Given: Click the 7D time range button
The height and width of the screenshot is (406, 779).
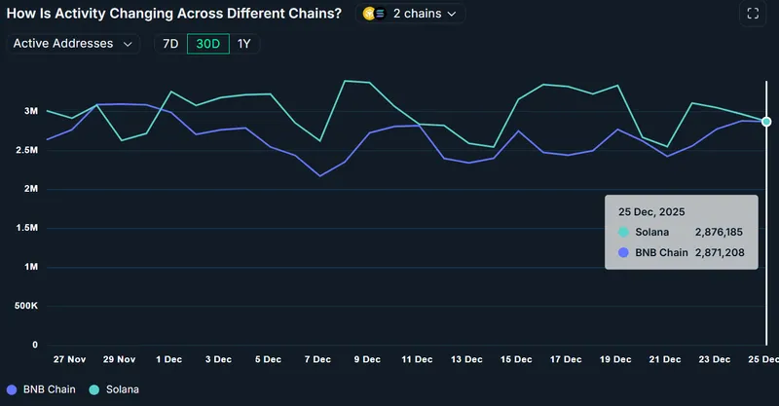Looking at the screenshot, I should [170, 44].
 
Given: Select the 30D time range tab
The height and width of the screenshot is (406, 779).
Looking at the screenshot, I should [208, 44].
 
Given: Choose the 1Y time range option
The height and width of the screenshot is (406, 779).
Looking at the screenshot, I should [244, 44].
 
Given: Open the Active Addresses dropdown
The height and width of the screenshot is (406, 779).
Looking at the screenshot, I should [73, 44].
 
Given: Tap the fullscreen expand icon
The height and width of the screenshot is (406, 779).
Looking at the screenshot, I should [752, 14].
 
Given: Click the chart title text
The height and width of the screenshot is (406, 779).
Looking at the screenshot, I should [174, 14].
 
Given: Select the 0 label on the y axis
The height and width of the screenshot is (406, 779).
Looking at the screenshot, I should [34, 345].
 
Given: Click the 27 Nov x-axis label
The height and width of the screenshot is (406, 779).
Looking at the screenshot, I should [71, 359].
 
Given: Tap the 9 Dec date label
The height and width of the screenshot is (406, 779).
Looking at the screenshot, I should [367, 359].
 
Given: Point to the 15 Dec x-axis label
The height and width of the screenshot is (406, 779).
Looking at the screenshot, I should [515, 359].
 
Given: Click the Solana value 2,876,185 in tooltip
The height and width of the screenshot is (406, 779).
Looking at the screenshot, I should [719, 233].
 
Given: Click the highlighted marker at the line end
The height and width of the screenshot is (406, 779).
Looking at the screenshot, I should [766, 122].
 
